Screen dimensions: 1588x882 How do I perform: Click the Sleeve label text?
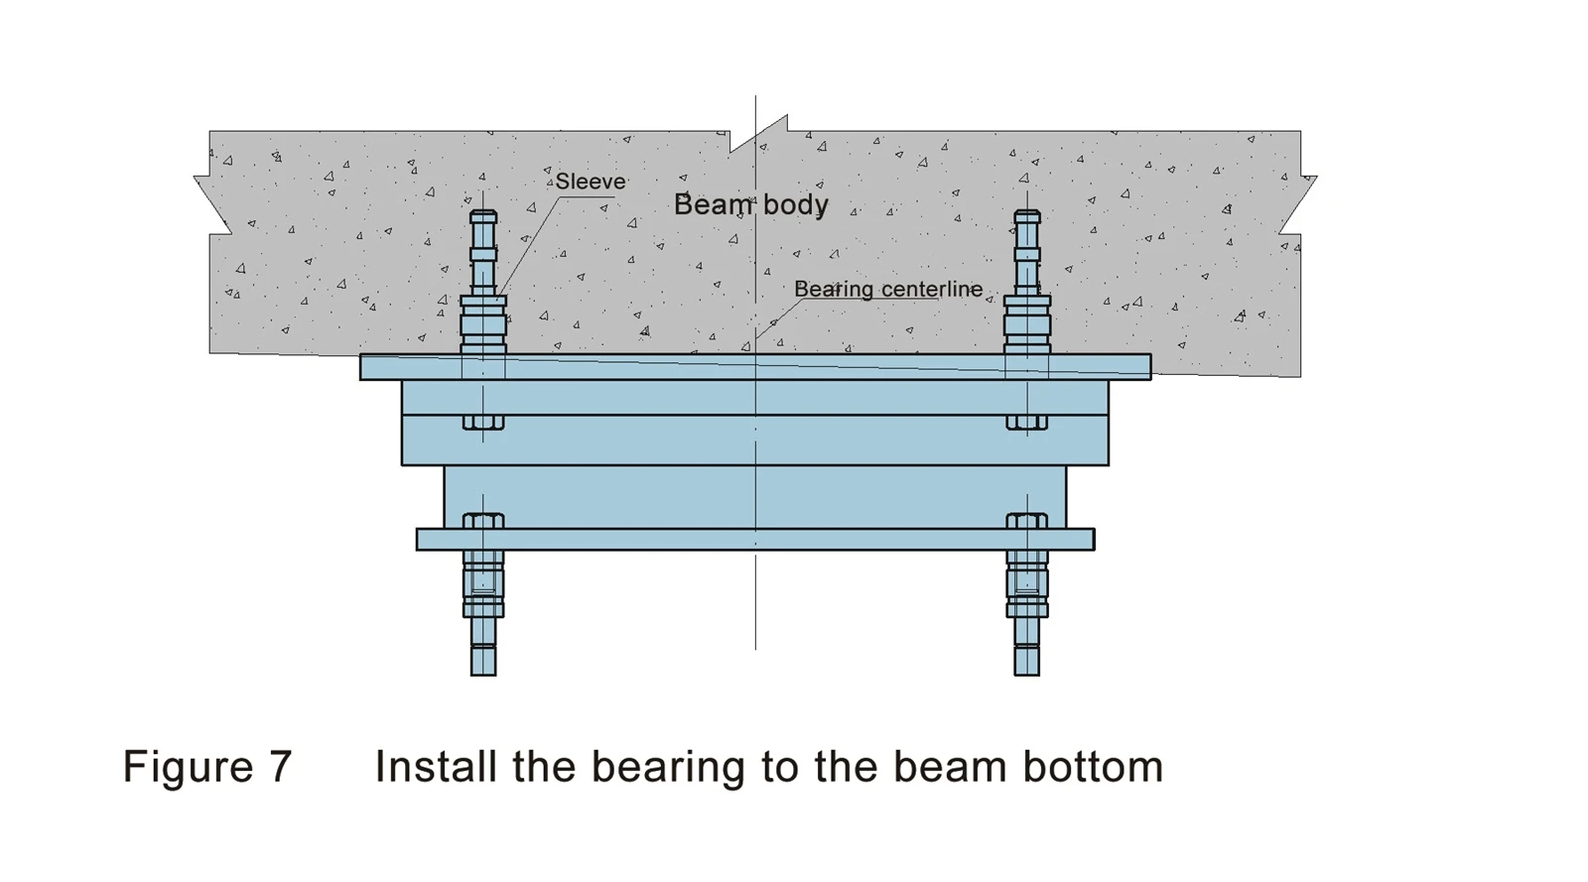tap(591, 182)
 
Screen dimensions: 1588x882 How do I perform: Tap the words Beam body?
tap(750, 204)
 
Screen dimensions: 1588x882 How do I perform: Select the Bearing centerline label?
tap(888, 289)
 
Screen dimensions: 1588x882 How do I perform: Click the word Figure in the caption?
tap(188, 766)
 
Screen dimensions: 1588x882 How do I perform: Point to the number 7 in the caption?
tap(280, 766)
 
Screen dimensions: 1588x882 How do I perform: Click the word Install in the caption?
tap(436, 766)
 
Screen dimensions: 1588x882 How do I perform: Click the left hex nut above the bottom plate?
tap(483, 521)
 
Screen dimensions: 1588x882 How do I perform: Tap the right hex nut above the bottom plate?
tap(1027, 521)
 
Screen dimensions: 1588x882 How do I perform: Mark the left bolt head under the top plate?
tap(483, 423)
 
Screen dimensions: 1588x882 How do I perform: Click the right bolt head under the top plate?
tap(1027, 423)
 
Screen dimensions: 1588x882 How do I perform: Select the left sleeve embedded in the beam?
tap(483, 324)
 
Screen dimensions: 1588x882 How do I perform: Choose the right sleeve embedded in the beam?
tap(1027, 324)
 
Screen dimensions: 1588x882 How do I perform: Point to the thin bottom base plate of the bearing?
tap(755, 539)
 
